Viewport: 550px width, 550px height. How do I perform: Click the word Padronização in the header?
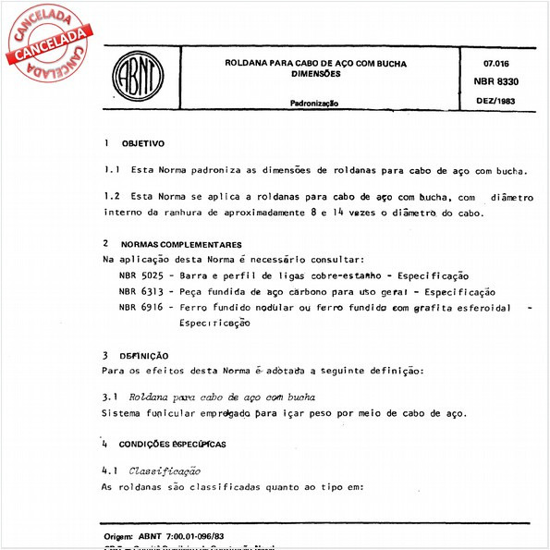coord(315,104)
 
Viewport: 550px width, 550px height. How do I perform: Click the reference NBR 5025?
coord(141,276)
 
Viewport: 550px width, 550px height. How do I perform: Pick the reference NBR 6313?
coord(141,292)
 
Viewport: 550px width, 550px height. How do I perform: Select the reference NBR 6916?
coord(141,308)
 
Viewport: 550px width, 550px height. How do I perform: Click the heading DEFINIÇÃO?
coord(143,355)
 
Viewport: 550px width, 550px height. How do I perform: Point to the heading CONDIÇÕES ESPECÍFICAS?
coord(177,445)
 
